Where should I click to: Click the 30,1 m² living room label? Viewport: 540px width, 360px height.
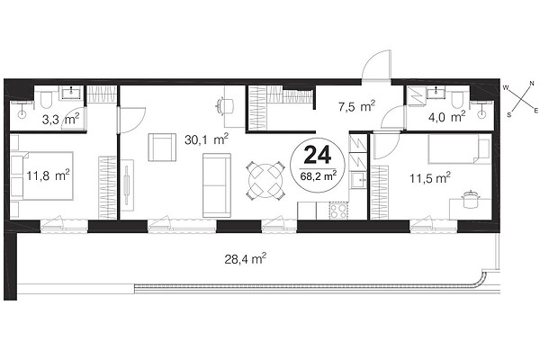coord(206,139)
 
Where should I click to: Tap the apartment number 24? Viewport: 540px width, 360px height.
coord(318,155)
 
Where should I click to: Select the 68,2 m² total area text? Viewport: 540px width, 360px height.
coord(319,176)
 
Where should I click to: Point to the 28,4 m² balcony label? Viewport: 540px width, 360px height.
coord(245,258)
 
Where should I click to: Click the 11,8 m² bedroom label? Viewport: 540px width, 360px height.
coord(48,175)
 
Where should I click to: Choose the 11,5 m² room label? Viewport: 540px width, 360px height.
coord(430,178)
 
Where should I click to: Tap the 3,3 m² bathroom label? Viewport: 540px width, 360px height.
coord(60,120)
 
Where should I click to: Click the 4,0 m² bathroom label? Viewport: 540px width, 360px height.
coord(446,117)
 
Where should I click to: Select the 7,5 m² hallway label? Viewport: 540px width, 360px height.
coord(356,106)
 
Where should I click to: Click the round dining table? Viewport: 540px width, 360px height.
coord(265,181)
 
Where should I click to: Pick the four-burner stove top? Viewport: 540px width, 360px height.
coord(338,211)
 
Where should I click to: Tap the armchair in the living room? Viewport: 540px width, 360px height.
coord(162,148)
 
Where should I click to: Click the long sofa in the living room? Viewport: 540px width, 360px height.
coord(217,185)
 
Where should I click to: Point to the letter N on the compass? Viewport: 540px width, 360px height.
coord(531,84)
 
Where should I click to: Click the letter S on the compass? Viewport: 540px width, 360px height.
coord(509,114)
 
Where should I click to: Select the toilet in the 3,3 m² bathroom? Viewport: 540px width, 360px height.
coord(45,100)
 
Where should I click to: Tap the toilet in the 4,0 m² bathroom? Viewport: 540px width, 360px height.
coord(457,100)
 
